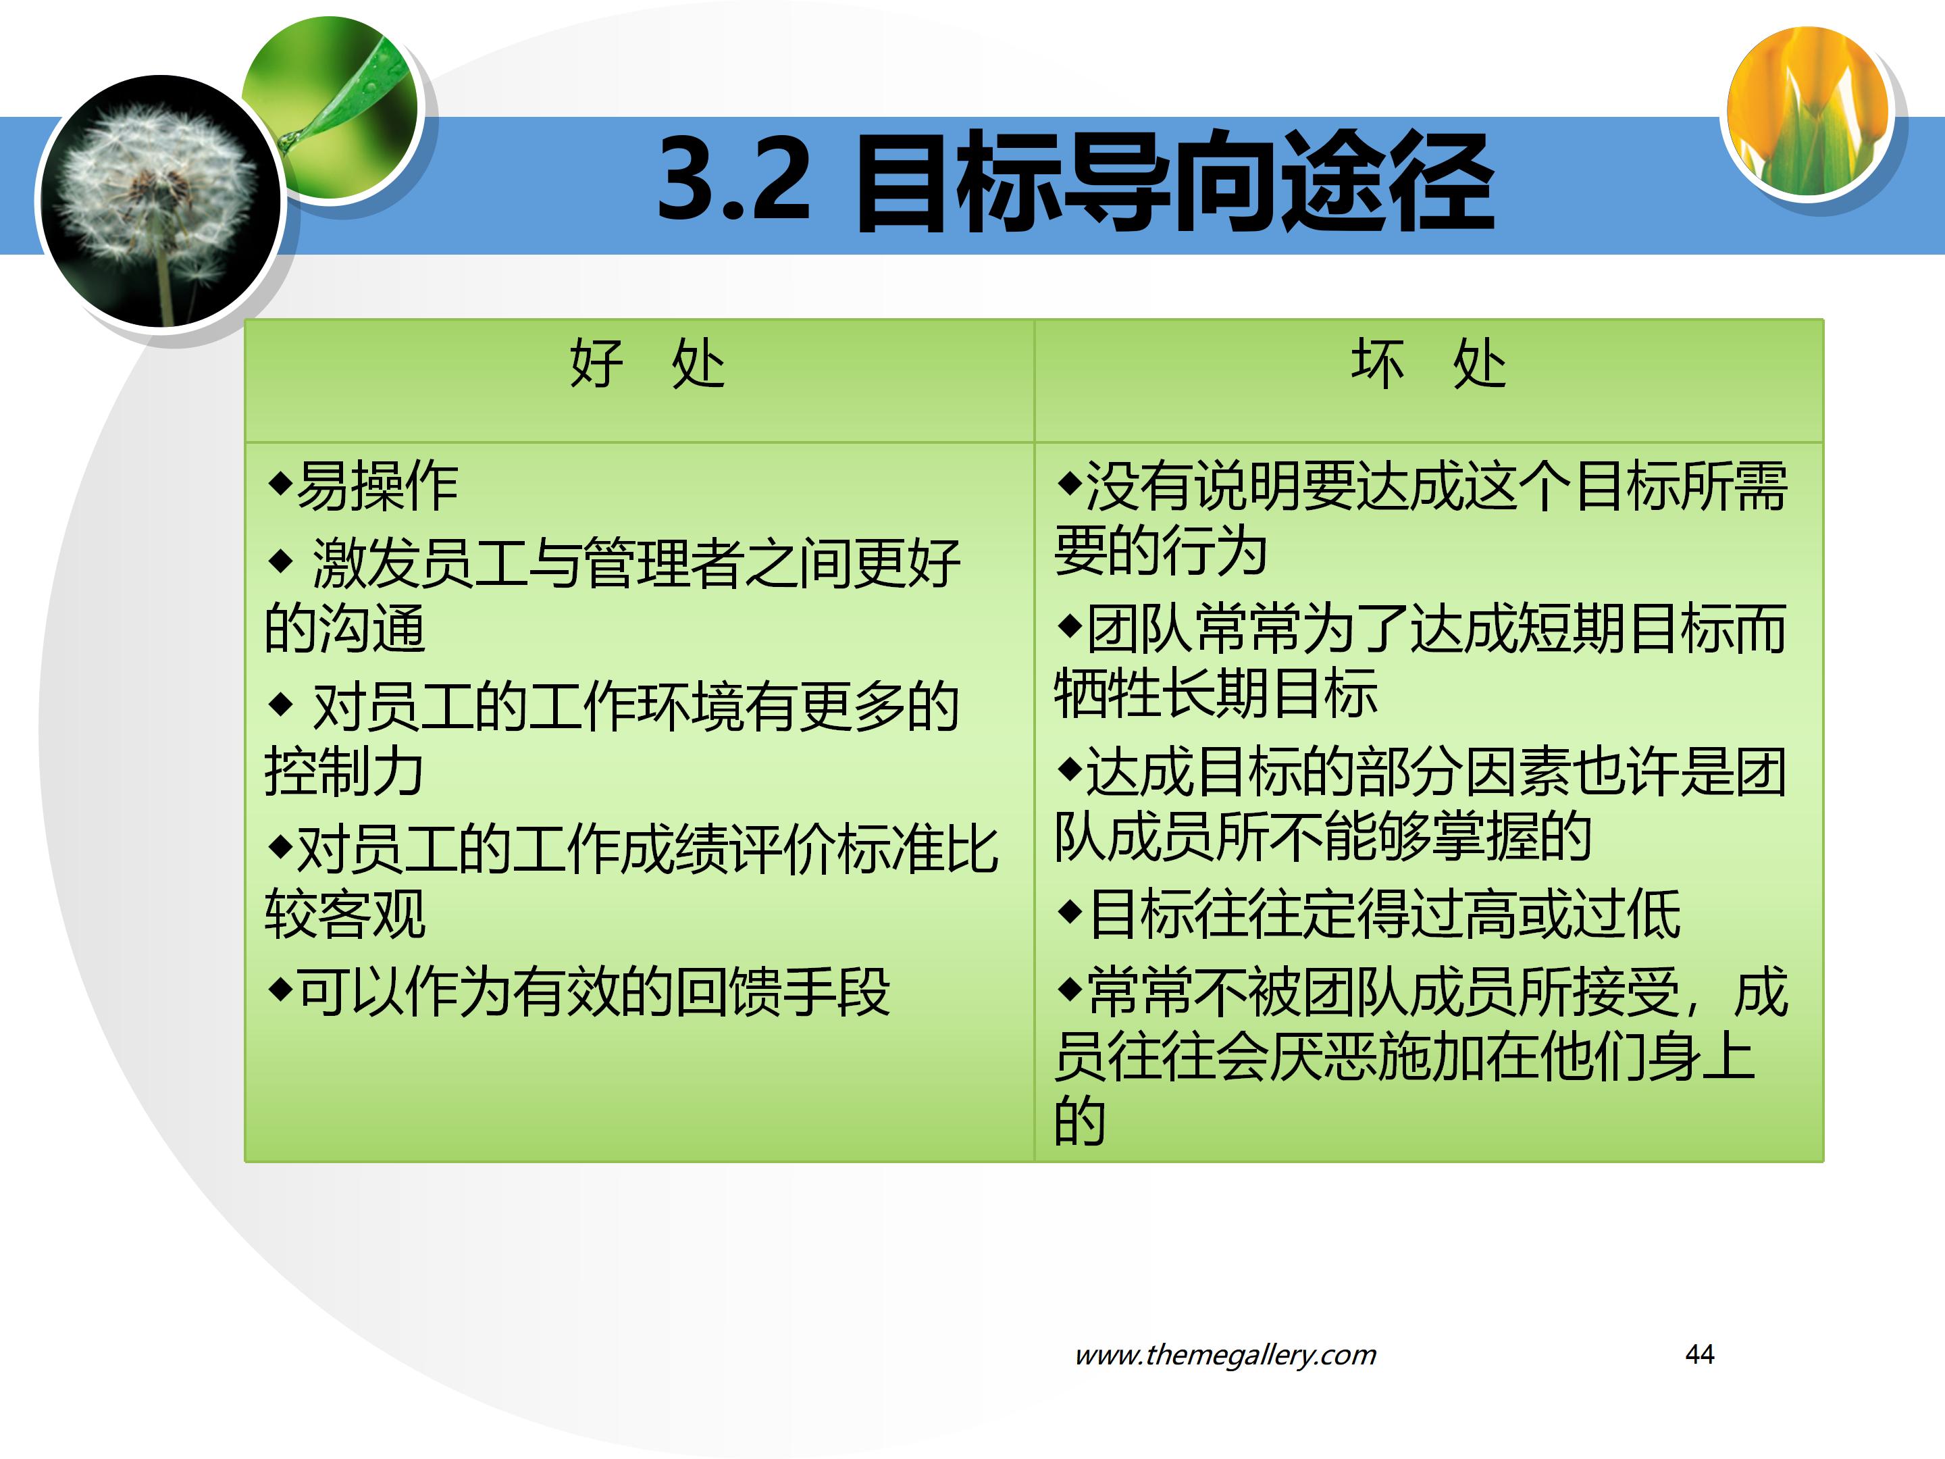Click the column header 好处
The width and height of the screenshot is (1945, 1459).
646,364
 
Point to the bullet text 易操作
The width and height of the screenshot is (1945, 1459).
378,486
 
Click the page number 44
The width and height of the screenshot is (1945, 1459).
1698,1354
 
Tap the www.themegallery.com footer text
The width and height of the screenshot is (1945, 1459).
1225,1354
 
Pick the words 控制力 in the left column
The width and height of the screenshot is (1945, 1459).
344,771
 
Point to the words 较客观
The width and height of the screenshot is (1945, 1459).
344,915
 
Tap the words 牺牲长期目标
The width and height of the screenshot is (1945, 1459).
1215,694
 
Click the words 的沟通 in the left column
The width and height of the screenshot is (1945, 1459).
344,629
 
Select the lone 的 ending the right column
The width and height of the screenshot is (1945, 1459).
1080,1121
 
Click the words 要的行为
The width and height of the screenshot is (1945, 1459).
1161,551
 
